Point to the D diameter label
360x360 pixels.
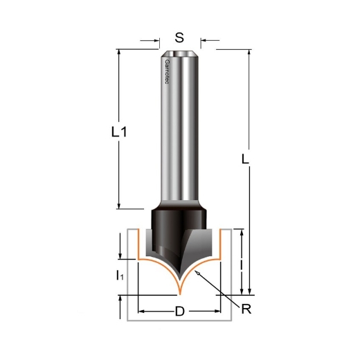[x=179, y=312]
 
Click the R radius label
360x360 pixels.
[x=246, y=309]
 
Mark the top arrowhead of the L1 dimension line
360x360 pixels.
[x=120, y=52]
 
